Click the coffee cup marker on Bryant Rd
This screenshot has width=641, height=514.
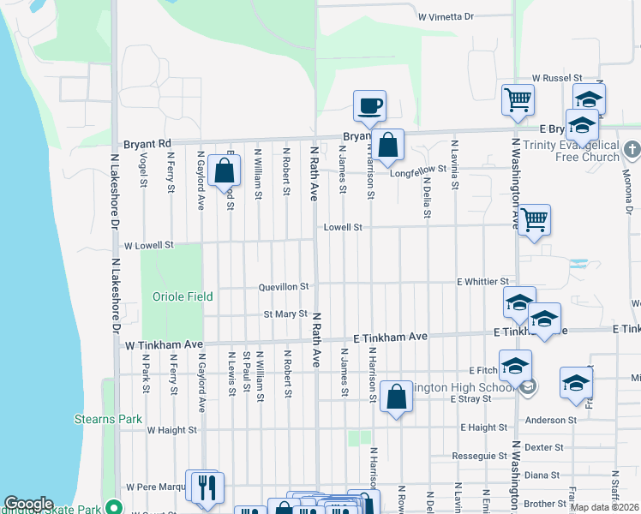[369, 106]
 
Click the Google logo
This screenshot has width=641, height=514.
[28, 504]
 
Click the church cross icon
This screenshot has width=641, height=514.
[632, 150]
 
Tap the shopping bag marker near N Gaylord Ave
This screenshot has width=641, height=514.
[224, 170]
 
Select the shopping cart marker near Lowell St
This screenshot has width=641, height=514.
[534, 219]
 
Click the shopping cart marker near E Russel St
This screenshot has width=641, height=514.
[518, 99]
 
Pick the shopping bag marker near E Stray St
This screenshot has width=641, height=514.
[395, 397]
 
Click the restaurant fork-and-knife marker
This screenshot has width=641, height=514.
[206, 487]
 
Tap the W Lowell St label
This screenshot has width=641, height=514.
[149, 245]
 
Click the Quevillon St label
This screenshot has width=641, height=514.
[283, 287]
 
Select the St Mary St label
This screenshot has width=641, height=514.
[285, 314]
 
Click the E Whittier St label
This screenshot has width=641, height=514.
[482, 281]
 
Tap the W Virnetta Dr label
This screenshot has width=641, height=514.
[446, 16]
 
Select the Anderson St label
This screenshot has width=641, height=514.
[551, 420]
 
